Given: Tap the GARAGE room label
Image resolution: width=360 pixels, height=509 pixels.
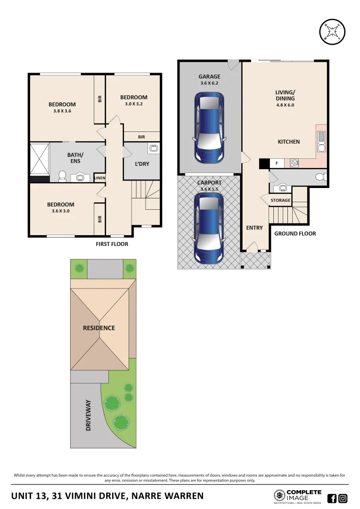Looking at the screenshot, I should point(209,77).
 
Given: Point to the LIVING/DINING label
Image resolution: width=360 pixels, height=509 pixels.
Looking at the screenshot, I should point(285,95).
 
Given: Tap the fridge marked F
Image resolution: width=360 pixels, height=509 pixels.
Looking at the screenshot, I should point(276,164).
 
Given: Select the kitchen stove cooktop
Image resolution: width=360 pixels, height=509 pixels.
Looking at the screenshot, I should point(295,164).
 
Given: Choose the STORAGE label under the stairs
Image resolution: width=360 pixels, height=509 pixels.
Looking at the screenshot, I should point(280,200).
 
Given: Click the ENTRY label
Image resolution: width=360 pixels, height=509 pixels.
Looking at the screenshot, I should point(254,228).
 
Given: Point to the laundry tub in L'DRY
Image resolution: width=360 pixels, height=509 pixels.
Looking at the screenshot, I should point(154,149).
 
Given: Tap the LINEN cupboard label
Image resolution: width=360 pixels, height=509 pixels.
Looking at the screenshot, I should point(99,178).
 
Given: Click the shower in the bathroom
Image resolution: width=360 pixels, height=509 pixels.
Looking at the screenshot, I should point(39,159).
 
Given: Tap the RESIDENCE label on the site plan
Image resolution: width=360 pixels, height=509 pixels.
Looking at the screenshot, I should point(99,328).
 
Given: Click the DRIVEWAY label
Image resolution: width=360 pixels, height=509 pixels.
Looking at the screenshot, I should point(89,416).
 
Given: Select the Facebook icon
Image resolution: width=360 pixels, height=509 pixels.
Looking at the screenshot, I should point(332,498).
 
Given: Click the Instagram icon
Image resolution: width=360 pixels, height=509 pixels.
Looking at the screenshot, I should point(343,498).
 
